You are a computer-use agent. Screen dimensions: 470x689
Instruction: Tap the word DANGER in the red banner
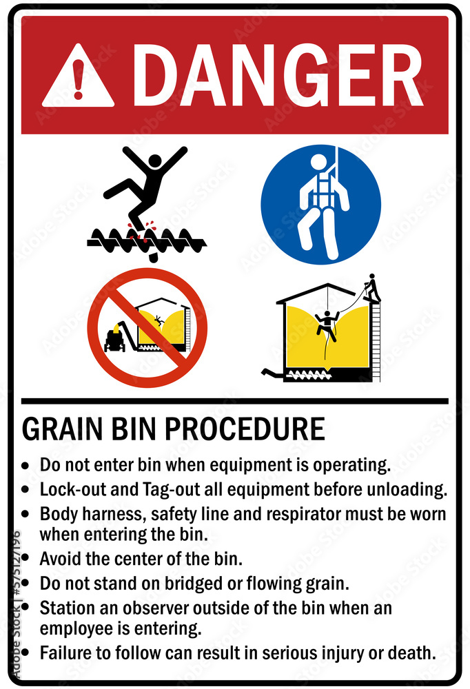pos(278,75)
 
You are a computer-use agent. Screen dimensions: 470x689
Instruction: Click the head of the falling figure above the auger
pos(155,161)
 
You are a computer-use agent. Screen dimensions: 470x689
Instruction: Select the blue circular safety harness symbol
pos(321,205)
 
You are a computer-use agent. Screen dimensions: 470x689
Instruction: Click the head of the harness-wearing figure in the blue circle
pos(319,161)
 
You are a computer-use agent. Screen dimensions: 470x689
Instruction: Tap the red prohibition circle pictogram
pos(147,327)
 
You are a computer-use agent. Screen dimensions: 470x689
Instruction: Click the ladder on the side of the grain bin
pos(376,341)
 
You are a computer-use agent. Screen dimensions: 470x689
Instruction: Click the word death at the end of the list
pos(411,653)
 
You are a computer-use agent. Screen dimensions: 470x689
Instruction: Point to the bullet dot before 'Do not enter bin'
pos(25,466)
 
